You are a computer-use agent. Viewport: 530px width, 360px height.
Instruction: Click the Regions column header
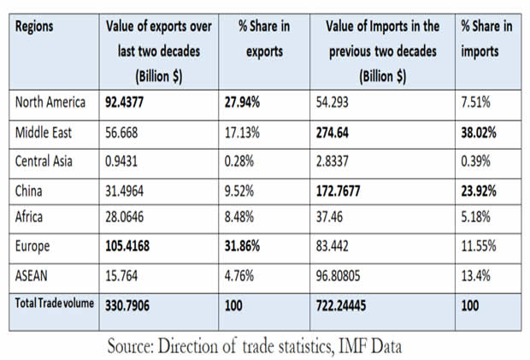(34, 27)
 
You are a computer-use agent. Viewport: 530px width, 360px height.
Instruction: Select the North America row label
(50, 103)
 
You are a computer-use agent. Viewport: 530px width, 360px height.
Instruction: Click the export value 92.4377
(135, 103)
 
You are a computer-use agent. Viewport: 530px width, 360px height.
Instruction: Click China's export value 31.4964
(133, 191)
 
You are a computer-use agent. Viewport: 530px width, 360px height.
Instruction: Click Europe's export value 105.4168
(138, 245)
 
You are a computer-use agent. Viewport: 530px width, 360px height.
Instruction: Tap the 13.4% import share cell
(477, 276)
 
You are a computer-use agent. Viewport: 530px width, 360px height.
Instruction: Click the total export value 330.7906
(136, 304)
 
